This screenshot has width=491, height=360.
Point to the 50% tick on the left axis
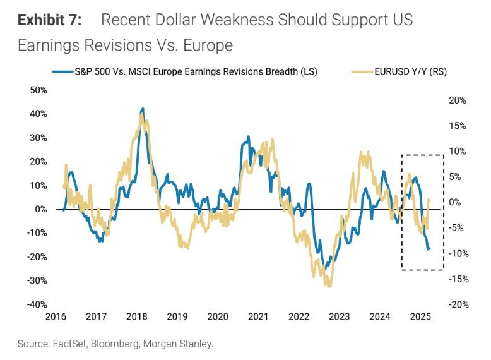click(x=38, y=90)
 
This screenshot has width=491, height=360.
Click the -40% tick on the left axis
click(x=37, y=304)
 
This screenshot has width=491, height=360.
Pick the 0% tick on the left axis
click(x=40, y=209)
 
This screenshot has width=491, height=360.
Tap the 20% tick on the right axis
click(x=458, y=100)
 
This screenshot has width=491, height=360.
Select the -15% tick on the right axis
click(x=456, y=279)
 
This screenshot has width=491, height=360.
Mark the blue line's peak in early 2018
click(x=143, y=109)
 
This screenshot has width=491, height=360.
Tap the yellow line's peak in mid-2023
click(x=360, y=152)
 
